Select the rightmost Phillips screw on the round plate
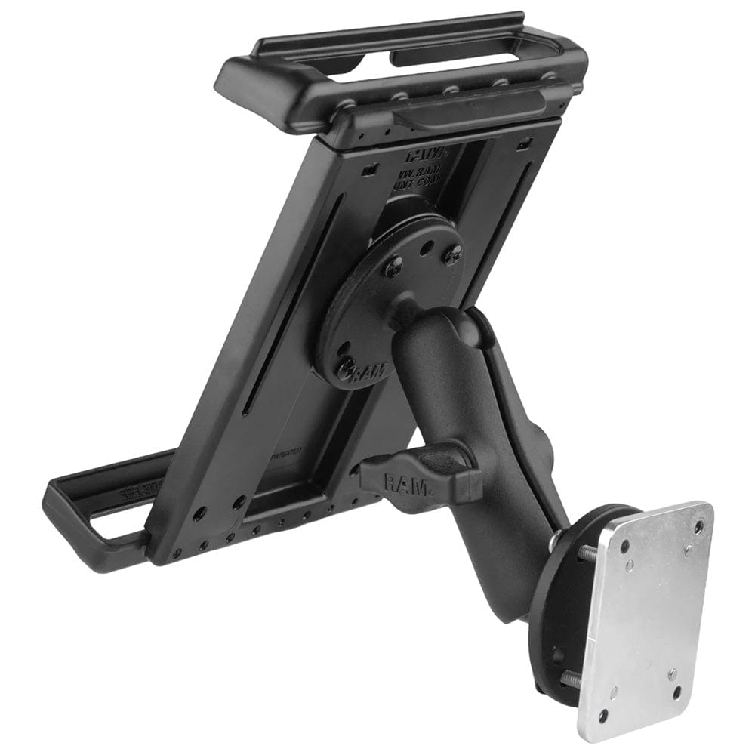(x=452, y=256)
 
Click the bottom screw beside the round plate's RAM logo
(x=347, y=365)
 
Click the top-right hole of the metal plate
(x=698, y=526)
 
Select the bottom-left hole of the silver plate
(x=603, y=714)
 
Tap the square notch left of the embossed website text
(x=368, y=171)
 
